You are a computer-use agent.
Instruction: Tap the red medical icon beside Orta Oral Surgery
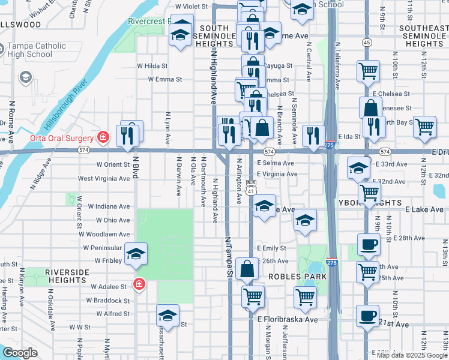103,137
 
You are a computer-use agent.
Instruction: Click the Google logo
20,353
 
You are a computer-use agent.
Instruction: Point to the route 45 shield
366,42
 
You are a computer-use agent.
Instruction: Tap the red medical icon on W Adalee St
139,283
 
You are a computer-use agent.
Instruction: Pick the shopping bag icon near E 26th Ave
247,268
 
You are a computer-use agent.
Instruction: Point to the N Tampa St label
229,255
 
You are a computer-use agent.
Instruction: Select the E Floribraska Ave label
288,319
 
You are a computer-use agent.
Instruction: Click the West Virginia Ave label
104,178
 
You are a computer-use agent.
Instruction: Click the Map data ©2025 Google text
412,355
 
